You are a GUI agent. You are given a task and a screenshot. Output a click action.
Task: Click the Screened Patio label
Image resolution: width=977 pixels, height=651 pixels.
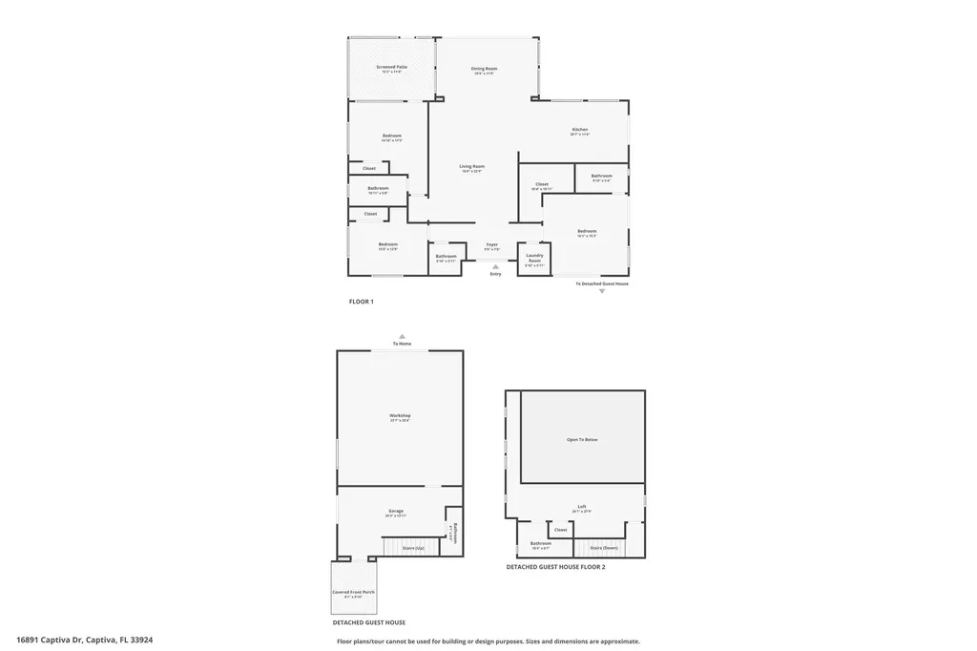click(385, 67)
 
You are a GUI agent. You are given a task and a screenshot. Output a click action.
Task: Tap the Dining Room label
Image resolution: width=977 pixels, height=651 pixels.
click(485, 69)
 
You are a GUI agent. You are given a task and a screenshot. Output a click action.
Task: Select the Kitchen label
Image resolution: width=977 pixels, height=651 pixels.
click(580, 130)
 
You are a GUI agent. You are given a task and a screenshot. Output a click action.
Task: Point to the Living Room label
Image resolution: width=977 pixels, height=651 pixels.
click(472, 167)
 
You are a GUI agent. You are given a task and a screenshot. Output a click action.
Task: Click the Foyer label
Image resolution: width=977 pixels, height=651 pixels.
click(492, 245)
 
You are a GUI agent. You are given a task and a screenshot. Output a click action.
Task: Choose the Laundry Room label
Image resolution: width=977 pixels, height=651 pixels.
click(534, 256)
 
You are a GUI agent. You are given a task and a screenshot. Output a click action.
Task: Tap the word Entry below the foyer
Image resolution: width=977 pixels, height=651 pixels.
click(495, 274)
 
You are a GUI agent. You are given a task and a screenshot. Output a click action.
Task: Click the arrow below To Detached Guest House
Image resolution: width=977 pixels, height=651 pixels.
click(602, 291)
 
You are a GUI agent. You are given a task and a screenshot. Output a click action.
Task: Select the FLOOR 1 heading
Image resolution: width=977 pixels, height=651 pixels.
click(361, 302)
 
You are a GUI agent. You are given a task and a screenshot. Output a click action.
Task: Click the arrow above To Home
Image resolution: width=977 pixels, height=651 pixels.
click(402, 336)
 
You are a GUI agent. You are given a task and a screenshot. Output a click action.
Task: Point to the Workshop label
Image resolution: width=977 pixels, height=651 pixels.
click(400, 415)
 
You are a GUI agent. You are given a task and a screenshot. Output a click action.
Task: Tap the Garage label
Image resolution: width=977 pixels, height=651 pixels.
click(396, 512)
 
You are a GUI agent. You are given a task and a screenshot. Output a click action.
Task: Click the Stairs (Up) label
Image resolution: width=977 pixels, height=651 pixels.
click(413, 548)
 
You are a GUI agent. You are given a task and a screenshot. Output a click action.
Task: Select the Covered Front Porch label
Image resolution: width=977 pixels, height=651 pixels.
click(353, 593)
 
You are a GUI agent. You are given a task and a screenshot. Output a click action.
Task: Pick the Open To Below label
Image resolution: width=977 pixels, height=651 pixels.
click(582, 439)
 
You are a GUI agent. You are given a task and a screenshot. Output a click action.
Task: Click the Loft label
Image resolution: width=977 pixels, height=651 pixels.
click(582, 506)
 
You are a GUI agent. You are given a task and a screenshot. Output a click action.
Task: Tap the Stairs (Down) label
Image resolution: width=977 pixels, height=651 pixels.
click(603, 548)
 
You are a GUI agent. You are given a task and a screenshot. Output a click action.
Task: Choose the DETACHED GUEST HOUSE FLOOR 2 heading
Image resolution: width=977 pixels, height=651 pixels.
click(555, 567)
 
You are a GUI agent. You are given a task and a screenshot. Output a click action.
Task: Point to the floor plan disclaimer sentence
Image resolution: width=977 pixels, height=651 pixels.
click(488, 641)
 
